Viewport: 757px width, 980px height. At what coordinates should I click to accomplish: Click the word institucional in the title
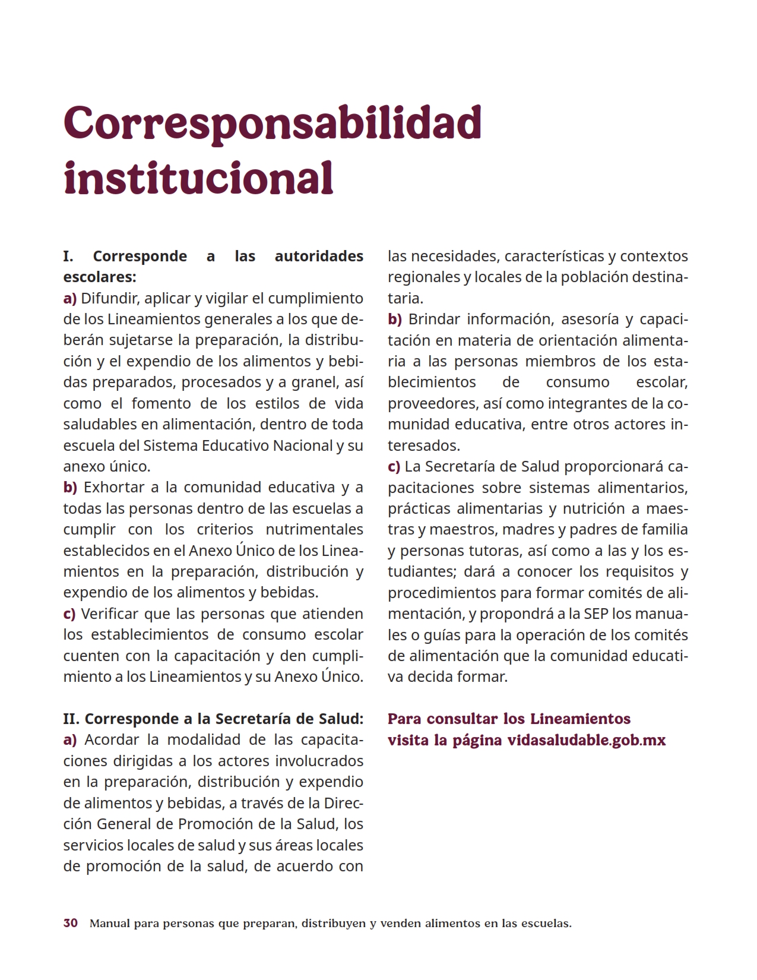click(198, 177)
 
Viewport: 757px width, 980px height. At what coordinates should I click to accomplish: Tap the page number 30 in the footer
click(71, 924)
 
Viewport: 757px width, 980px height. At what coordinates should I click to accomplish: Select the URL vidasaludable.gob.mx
click(587, 740)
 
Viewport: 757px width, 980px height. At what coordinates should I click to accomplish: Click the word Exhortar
click(113, 488)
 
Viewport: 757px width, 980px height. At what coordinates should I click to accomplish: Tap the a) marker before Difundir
click(70, 298)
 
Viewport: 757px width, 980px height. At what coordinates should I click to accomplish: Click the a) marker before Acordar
click(70, 740)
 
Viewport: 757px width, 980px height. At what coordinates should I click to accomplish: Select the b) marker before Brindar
click(395, 320)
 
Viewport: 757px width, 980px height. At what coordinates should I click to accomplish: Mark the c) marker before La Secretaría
click(394, 467)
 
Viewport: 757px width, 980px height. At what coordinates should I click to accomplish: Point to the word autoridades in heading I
click(319, 257)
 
